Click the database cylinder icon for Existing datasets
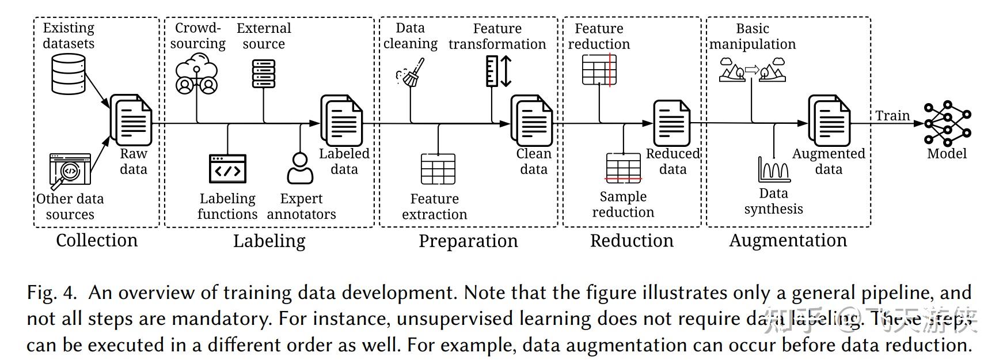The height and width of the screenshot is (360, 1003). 69,74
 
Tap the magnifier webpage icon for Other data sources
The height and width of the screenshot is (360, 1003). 69,171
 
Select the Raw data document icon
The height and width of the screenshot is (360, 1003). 131,120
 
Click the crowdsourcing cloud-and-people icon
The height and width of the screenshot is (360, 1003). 196,73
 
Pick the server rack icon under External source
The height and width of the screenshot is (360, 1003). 264,73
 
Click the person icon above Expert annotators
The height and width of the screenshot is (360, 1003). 300,168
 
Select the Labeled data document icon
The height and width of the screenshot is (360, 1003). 342,120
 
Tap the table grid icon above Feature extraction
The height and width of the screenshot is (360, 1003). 438,169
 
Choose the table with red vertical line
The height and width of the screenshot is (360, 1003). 599,70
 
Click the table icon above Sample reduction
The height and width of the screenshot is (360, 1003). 624,168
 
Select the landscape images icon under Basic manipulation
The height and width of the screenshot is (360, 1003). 753,70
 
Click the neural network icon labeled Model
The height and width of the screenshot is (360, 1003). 947,123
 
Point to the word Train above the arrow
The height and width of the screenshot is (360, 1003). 892,115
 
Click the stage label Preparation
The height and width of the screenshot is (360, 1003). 468,241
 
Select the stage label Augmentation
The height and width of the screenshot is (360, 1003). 788,240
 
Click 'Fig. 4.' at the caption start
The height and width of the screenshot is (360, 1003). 51,293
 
